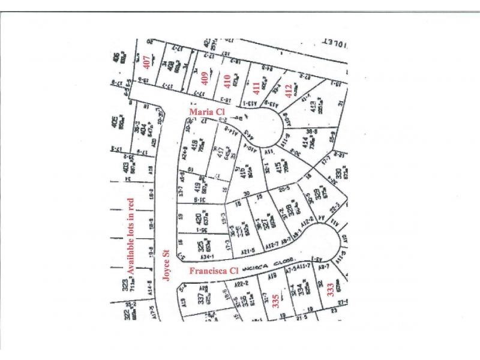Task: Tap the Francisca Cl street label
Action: (214, 271)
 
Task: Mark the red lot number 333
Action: (330, 292)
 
